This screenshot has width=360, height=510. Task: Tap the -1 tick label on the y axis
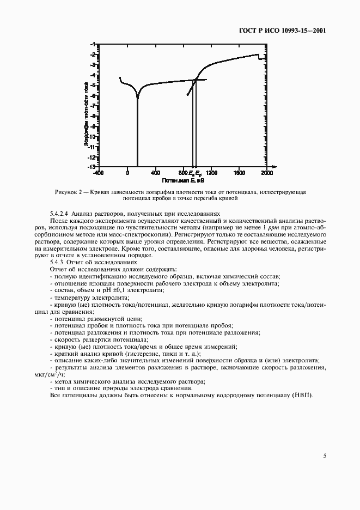click(x=93, y=44)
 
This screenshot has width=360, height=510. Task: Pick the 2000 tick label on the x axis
click(x=267, y=173)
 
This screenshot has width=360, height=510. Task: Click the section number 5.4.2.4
click(x=59, y=214)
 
